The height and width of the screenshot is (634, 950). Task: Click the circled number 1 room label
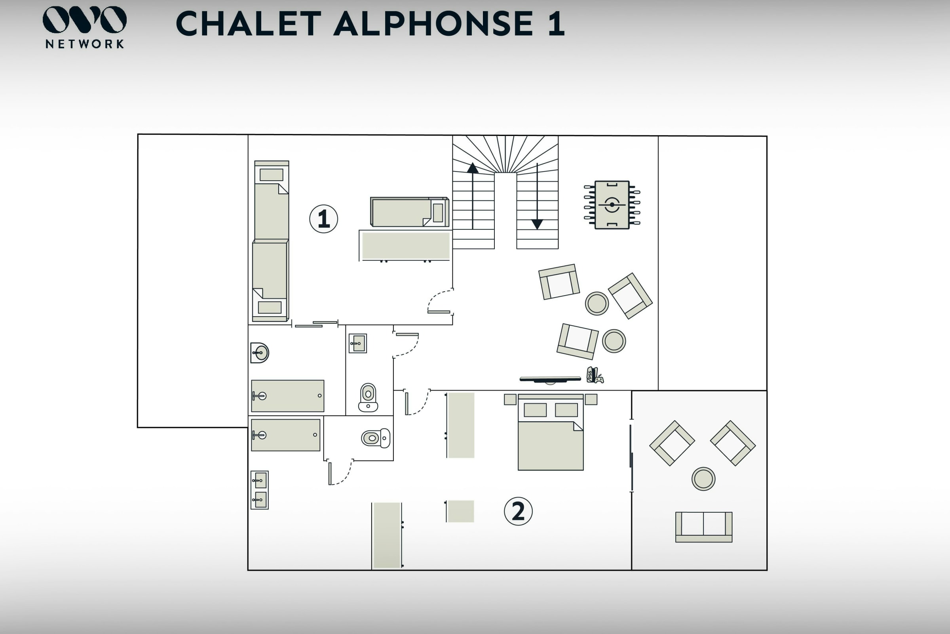(323, 219)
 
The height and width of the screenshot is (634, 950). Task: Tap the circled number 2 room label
(518, 511)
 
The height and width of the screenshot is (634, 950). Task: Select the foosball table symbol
(612, 205)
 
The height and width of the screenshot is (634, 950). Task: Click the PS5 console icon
(594, 374)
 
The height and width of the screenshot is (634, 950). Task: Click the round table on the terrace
(703, 479)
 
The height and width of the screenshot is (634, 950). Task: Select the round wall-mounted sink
(260, 353)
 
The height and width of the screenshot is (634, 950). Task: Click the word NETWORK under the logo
(84, 44)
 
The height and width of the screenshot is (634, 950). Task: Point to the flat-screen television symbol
(550, 379)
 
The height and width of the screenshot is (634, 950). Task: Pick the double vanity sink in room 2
(259, 490)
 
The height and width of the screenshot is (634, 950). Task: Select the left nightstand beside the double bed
(510, 399)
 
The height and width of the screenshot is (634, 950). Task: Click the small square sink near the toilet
(358, 343)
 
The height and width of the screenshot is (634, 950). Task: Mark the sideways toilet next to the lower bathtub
(376, 438)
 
